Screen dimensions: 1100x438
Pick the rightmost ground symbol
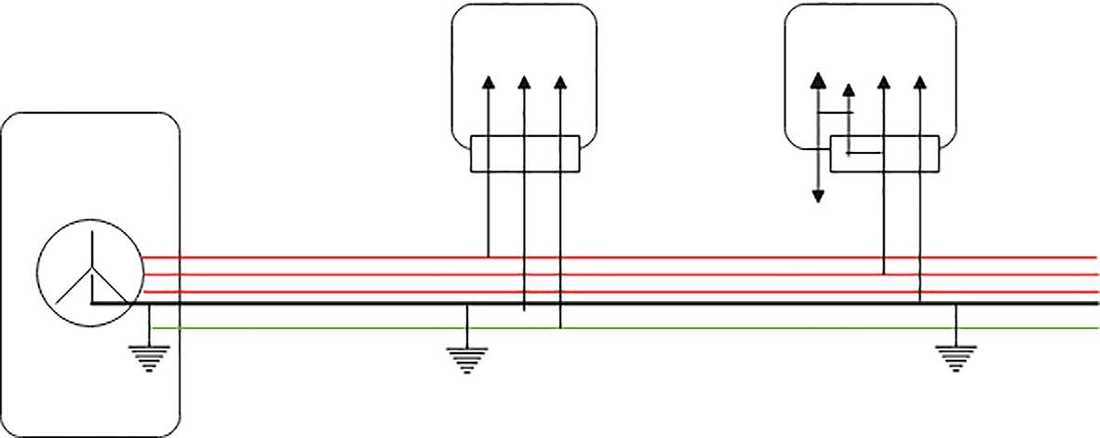(x=957, y=356)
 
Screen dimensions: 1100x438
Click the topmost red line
(x=651, y=256)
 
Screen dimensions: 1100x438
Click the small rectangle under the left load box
(x=525, y=154)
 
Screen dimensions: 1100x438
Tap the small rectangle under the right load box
(x=884, y=154)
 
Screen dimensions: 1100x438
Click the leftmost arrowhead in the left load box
(x=489, y=81)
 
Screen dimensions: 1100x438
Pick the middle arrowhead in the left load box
(x=524, y=81)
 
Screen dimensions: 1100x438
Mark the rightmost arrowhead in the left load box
(x=560, y=81)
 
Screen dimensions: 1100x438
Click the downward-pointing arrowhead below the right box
(x=817, y=196)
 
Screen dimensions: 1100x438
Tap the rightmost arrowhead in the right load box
(x=919, y=81)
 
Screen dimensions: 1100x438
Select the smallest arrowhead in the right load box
(x=848, y=89)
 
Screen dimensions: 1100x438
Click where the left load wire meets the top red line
(x=489, y=256)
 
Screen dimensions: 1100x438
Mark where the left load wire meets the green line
(x=560, y=328)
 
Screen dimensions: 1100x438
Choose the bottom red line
(x=651, y=292)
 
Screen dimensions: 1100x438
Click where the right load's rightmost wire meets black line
(x=919, y=304)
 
